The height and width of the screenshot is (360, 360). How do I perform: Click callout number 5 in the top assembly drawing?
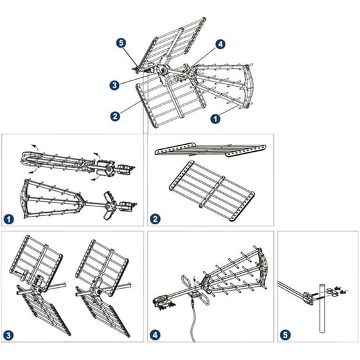(x=121, y=43)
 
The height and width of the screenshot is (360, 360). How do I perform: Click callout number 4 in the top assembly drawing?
(x=220, y=44)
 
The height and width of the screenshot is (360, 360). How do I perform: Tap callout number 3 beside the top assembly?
(x=114, y=85)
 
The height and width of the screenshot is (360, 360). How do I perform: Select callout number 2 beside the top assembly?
(x=115, y=116)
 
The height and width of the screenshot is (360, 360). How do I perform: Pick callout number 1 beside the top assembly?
(x=215, y=119)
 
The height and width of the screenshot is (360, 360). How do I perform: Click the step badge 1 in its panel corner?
(x=9, y=219)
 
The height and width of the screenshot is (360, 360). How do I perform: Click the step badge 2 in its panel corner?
(x=155, y=219)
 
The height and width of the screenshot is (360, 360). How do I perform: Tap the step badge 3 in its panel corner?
(x=8, y=336)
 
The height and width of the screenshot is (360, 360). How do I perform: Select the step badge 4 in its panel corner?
(x=155, y=335)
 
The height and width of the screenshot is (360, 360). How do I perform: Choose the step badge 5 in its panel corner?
(x=285, y=335)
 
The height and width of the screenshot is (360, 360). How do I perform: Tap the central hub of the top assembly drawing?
(x=162, y=69)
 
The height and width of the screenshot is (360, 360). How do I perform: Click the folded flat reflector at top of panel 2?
(x=210, y=149)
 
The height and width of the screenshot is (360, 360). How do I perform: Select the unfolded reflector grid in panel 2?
(x=212, y=191)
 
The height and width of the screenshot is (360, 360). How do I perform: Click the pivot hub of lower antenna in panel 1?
(x=109, y=206)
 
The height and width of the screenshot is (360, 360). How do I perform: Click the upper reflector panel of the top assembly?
(x=172, y=45)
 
